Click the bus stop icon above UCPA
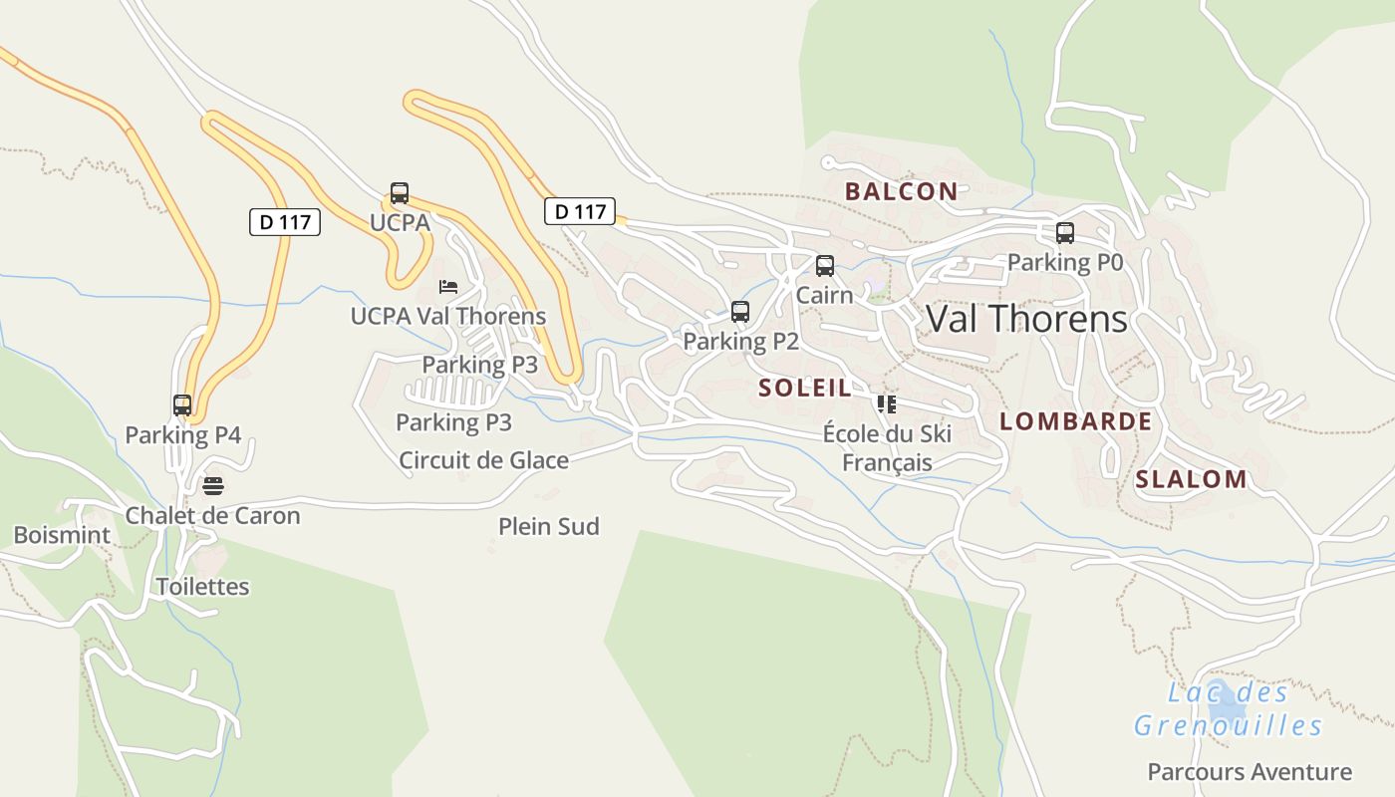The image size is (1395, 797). [x=400, y=193]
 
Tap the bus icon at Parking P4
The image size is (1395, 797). [x=182, y=405]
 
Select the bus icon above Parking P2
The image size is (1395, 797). [x=740, y=312]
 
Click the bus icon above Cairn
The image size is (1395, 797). [x=825, y=266]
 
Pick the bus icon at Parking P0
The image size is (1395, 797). [x=1065, y=233]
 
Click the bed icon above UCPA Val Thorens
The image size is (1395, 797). [x=448, y=287]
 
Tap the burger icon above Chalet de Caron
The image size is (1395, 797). [x=213, y=486]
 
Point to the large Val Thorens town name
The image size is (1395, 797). [x=1026, y=319]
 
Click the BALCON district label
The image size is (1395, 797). [x=901, y=191]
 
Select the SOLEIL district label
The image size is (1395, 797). [x=805, y=388]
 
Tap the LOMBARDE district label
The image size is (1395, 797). [x=1075, y=421]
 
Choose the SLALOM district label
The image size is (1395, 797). [x=1191, y=479]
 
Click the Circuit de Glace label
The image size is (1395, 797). [x=483, y=460]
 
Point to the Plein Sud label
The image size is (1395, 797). [x=549, y=526]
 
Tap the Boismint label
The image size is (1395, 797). [x=62, y=535]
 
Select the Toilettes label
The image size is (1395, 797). [x=203, y=586]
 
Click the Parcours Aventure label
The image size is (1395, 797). [x=1250, y=771]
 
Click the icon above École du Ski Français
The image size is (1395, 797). [x=886, y=403]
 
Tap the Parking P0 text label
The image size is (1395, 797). [x=1065, y=262]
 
